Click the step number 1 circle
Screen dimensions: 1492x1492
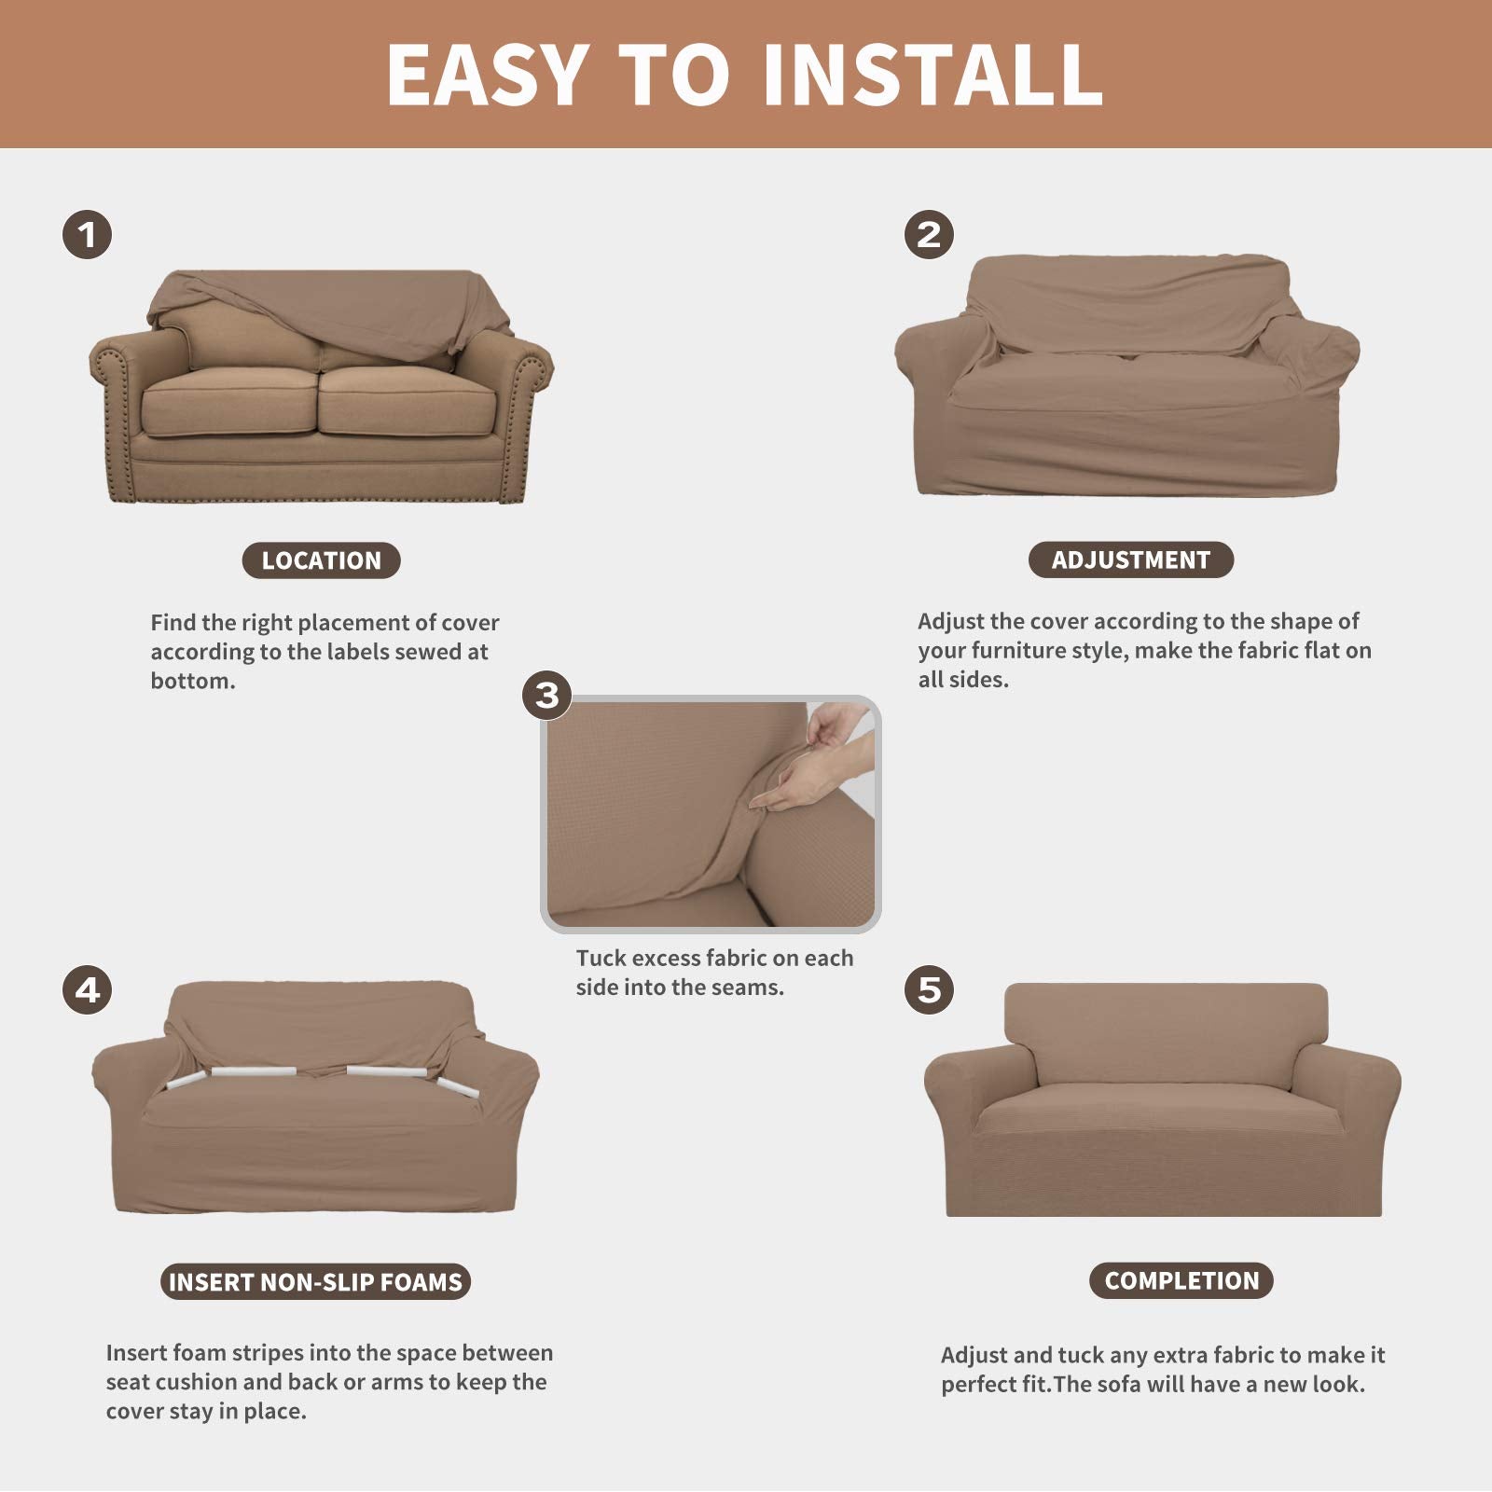pos(88,235)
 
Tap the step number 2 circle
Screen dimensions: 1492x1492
pos(929,234)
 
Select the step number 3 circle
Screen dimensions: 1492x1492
pos(546,696)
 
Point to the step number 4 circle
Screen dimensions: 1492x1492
pos(88,989)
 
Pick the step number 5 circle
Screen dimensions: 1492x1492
pos(929,989)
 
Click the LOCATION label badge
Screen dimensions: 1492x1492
pos(321,560)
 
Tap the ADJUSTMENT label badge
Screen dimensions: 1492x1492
pos(1130,559)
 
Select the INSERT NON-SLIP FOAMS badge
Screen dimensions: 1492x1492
pos(315,1281)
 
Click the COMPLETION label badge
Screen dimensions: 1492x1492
pos(1181,1280)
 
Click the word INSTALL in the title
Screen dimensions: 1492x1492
pos(932,75)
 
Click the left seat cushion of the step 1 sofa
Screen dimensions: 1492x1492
pos(228,401)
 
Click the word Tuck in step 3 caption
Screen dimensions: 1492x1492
pos(601,958)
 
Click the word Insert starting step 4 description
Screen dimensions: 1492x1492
pos(136,1352)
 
